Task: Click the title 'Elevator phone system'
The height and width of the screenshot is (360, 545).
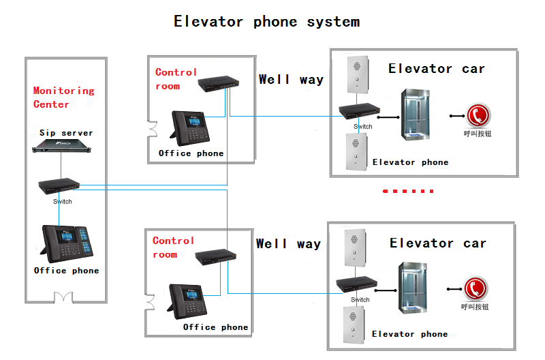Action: pos(266,22)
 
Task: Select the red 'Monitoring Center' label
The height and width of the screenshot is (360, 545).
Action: pos(63,97)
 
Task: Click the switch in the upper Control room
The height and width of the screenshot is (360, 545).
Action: pos(219,85)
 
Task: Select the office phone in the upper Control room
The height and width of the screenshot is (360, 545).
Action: pos(191,127)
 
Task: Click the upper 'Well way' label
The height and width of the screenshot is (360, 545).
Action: pos(291,80)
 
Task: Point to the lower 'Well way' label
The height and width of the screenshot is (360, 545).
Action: pos(288,244)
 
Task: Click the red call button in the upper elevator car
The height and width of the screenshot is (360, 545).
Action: pos(477,115)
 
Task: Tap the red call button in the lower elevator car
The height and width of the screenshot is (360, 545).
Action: pos(476,288)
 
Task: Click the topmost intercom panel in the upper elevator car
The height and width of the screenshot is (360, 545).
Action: pos(355,75)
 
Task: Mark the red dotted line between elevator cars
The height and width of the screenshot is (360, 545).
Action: pos(408,192)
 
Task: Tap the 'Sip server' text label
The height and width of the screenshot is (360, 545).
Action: pos(66,133)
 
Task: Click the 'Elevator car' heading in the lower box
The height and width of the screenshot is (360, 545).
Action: pos(437,243)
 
